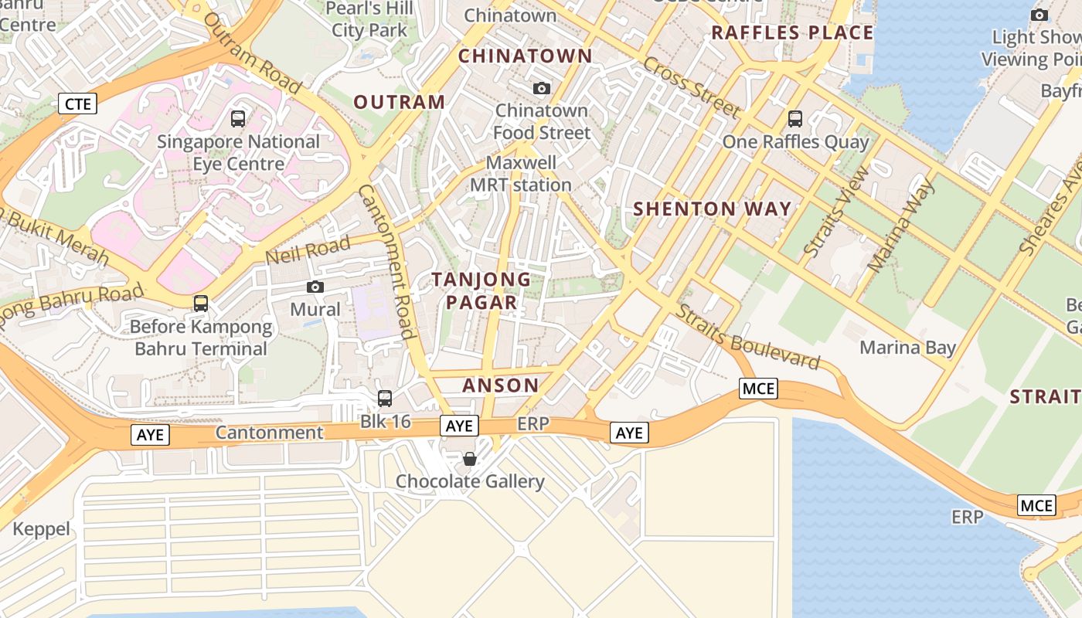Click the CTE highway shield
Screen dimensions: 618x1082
78,104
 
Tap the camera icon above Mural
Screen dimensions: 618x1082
315,287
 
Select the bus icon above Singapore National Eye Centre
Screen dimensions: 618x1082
238,119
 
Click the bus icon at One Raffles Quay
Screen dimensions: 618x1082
795,119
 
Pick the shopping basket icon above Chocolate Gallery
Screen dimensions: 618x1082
469,459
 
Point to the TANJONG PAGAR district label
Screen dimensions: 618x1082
481,290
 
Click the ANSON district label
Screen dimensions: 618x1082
501,385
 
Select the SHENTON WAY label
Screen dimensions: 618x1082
713,209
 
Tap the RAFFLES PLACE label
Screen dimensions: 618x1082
792,32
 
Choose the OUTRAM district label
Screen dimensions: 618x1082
400,102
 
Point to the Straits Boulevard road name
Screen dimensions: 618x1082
747,338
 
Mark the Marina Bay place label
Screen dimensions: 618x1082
908,347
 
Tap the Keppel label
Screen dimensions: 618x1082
42,529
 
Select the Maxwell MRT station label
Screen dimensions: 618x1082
521,174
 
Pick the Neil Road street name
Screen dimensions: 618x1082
308,251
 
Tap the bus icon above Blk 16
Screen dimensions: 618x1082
385,399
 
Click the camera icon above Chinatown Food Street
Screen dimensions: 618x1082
542,89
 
